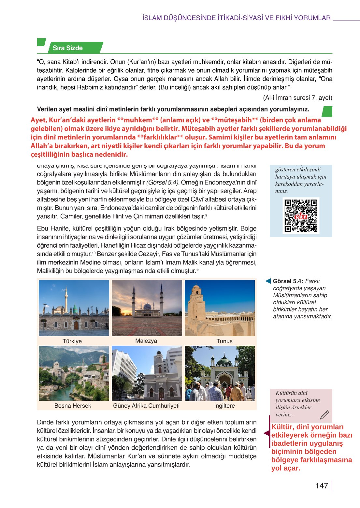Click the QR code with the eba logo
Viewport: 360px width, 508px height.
pos(301,216)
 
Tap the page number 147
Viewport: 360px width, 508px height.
pos(322,486)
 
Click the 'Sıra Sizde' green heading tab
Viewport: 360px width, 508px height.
pos(68,48)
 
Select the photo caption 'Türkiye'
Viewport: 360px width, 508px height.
pos(72,341)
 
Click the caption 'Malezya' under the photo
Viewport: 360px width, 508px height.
pos(146,341)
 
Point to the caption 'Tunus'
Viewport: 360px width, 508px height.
pos(224,341)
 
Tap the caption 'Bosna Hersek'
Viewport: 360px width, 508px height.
pos(73,406)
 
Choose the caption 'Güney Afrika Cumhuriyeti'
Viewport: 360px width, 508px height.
pos(146,406)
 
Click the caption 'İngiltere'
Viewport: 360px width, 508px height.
pos(224,406)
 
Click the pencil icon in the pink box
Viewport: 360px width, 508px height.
pos(324,414)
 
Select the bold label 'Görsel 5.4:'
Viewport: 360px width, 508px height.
pos(288,281)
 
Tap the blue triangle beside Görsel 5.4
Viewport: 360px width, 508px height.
pos(268,281)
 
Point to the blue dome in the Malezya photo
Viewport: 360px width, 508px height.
pos(147,307)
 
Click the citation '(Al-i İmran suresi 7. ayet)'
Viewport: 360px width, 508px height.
pos(297,98)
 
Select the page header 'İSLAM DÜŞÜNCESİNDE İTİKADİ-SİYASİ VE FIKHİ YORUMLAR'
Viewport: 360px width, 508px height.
pos(237,18)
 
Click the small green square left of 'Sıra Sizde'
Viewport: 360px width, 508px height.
pos(41,42)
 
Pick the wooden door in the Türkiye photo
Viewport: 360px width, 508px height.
pos(76,326)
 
